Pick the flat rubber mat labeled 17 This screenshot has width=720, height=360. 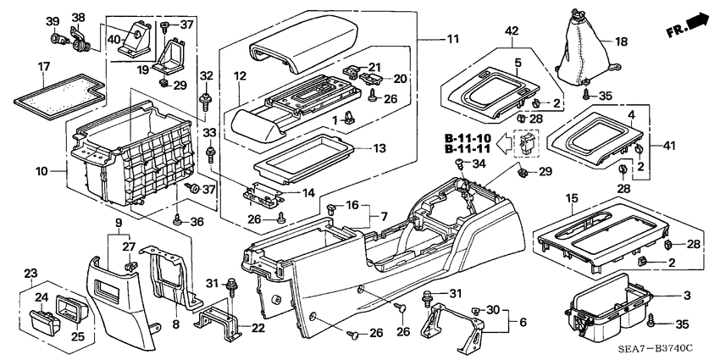(59, 92)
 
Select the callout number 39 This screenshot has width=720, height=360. (52, 21)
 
